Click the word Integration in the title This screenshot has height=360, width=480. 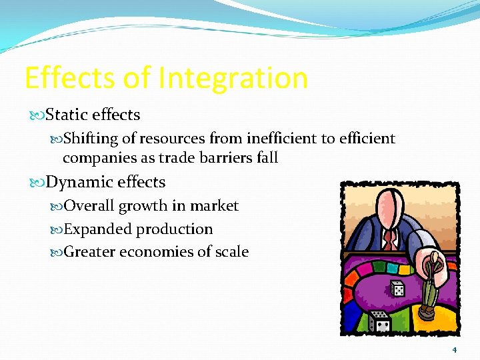click(233, 78)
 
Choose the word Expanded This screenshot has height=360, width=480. click(98, 229)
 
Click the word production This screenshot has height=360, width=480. click(174, 229)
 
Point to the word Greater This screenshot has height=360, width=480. click(91, 252)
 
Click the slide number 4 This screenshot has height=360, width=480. click(455, 350)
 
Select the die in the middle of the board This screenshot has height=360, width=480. click(397, 289)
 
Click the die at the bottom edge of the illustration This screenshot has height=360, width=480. click(380, 322)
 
